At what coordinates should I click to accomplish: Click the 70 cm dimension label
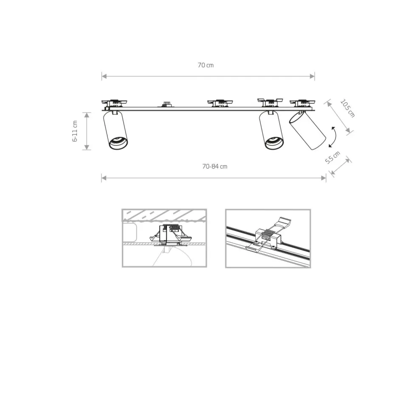(x=206, y=65)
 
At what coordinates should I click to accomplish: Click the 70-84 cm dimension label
(x=214, y=166)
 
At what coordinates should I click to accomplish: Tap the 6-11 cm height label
(x=75, y=131)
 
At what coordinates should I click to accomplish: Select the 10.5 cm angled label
(x=347, y=108)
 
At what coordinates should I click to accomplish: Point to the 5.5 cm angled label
(x=333, y=158)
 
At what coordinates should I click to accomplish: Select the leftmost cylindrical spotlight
(x=115, y=131)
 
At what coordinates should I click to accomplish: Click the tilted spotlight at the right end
(x=308, y=132)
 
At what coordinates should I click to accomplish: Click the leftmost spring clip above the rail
(x=114, y=102)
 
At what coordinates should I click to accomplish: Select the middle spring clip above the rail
(x=220, y=102)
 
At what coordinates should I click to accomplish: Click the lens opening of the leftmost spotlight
(x=118, y=143)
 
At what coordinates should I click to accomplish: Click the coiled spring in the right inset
(x=267, y=234)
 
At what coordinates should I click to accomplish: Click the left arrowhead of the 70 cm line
(x=103, y=76)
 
